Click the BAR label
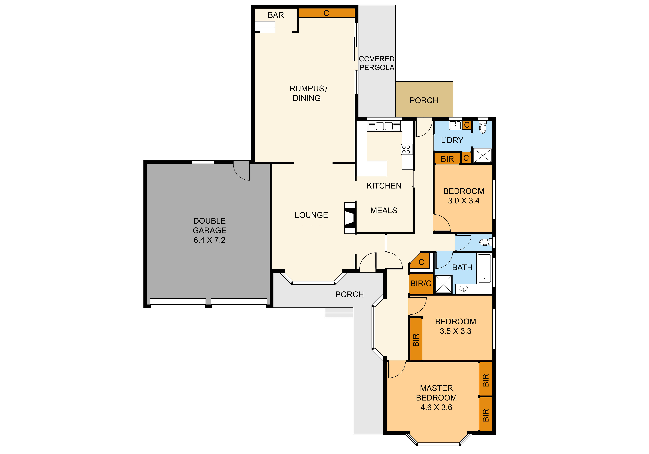[276, 15]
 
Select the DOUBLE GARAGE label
[209, 225]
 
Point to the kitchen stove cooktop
[406, 149]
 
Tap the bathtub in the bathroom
[484, 268]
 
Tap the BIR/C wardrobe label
[421, 283]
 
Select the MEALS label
[384, 211]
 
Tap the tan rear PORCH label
[424, 100]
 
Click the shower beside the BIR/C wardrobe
[444, 284]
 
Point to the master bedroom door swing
[397, 370]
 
